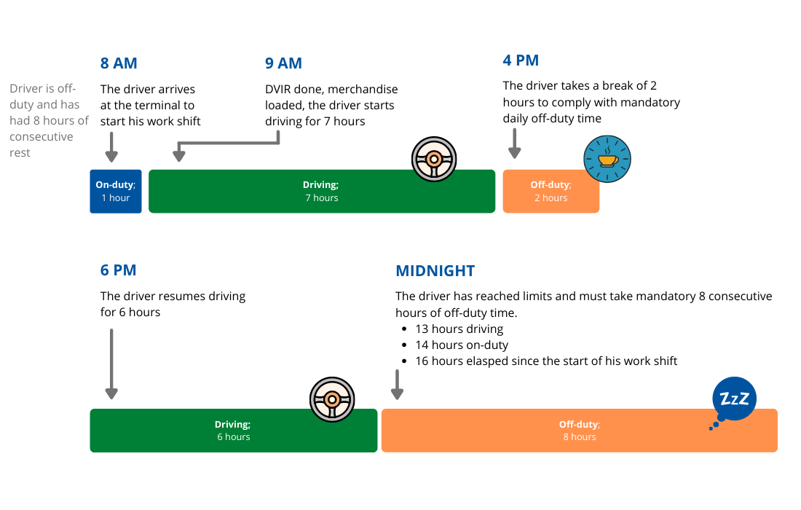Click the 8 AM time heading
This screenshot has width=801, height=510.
(x=119, y=63)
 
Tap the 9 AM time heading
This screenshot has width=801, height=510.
(x=283, y=63)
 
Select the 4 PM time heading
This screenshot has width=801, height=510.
(x=521, y=60)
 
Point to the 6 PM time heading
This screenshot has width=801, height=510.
(x=118, y=270)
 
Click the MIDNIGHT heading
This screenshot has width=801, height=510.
(x=435, y=271)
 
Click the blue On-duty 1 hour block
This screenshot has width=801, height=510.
(x=116, y=192)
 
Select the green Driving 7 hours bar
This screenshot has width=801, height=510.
(x=321, y=192)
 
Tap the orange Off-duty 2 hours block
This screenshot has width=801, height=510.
(x=551, y=192)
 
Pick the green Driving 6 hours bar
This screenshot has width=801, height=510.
(x=233, y=431)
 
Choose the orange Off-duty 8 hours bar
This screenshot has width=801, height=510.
(x=579, y=431)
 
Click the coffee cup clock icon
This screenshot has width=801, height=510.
(x=607, y=159)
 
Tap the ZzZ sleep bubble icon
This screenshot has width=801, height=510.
(x=733, y=399)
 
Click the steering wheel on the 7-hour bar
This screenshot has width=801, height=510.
(x=433, y=158)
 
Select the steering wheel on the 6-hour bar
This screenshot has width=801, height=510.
(x=331, y=399)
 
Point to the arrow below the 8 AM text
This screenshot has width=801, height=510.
(x=111, y=145)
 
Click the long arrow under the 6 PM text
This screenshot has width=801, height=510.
(x=111, y=364)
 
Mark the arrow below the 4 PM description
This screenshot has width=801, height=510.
(x=515, y=144)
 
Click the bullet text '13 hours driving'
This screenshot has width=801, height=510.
(x=459, y=329)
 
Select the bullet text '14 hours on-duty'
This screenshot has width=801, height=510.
(x=462, y=345)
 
